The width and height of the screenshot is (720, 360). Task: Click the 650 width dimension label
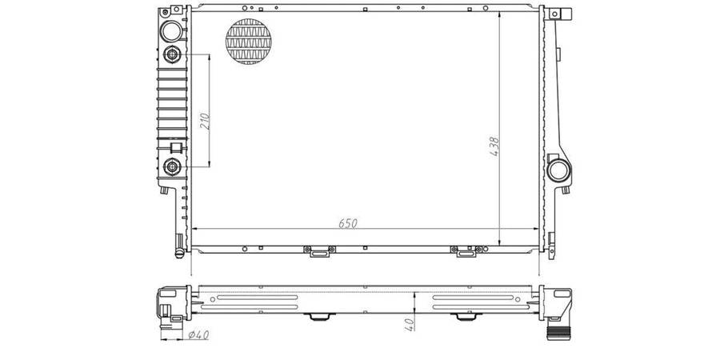[348, 223]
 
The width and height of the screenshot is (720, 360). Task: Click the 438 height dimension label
[494, 146]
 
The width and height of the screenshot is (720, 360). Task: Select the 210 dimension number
[205, 121]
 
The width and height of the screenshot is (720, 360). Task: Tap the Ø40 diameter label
[198, 335]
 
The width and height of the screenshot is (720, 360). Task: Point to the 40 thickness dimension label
[410, 322]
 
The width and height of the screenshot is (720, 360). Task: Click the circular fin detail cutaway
[249, 42]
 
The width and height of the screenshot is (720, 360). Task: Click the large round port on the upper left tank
[171, 31]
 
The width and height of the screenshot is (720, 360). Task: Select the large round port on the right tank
[559, 170]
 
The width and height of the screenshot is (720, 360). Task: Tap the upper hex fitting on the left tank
[172, 55]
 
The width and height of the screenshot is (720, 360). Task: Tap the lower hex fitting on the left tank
[172, 166]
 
